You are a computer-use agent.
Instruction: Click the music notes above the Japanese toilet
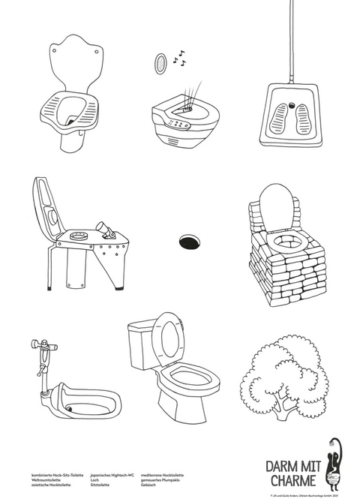[x=181, y=56]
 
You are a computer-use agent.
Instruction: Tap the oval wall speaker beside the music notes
[x=160, y=65]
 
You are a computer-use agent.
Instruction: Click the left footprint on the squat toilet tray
[x=280, y=115]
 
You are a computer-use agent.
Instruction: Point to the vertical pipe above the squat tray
[x=290, y=41]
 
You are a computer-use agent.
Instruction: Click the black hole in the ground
[x=190, y=241]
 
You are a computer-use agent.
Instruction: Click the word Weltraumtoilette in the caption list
[x=48, y=480]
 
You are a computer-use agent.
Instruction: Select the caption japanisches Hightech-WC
[x=111, y=475]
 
